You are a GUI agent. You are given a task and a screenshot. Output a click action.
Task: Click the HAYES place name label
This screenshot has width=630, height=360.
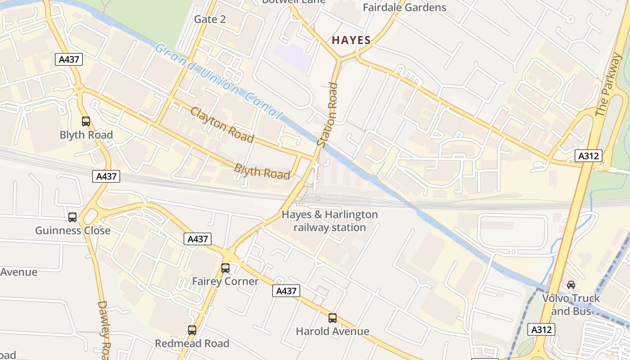coord(351,40)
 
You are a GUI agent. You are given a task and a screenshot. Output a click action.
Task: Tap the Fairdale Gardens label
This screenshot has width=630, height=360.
coord(404,8)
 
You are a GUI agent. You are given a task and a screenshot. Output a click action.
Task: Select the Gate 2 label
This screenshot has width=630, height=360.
coord(210,19)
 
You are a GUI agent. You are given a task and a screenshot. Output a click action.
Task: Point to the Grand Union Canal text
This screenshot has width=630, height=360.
coord(218,81)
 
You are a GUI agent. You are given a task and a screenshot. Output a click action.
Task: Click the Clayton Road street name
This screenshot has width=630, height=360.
coord(222,125)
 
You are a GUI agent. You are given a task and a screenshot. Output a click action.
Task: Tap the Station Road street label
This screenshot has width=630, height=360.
coord(327,114)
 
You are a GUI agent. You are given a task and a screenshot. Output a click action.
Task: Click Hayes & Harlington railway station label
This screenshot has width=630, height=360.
coord(329,221)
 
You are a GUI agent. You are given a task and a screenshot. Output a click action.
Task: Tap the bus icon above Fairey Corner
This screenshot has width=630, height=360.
coord(225,268)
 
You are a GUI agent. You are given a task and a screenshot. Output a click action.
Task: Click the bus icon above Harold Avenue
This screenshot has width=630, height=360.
coord(332,318)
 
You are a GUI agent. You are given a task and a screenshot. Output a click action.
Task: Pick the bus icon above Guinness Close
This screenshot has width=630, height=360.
coord(72,217)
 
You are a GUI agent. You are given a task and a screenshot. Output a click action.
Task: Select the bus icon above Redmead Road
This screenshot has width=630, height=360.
coord(192,330)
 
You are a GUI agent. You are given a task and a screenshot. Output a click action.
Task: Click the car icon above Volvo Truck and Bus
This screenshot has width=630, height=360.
coord(571,285)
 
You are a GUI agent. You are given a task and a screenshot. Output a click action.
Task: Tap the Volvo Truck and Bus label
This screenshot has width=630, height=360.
coord(571,305)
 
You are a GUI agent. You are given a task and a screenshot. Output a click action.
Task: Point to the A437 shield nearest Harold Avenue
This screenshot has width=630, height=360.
coord(286,291)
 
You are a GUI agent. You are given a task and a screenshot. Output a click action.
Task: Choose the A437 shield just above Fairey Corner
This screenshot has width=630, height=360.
coord(198,239)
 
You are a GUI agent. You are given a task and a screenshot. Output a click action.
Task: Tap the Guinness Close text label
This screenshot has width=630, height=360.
coord(72,230)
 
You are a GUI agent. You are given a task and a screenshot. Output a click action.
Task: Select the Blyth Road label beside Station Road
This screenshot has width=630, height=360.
coord(261,171)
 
